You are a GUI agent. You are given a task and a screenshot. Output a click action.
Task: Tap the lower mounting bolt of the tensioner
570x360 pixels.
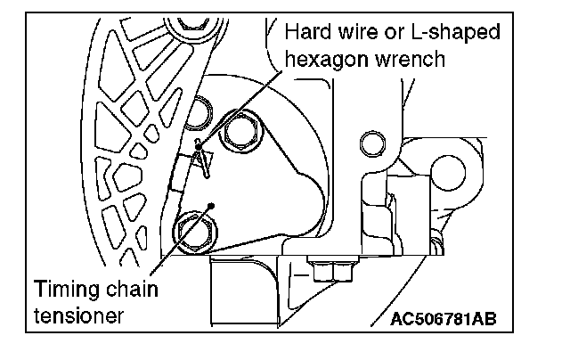(x=193, y=230)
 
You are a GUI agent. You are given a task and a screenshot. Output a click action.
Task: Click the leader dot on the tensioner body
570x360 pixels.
(x=211, y=204)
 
